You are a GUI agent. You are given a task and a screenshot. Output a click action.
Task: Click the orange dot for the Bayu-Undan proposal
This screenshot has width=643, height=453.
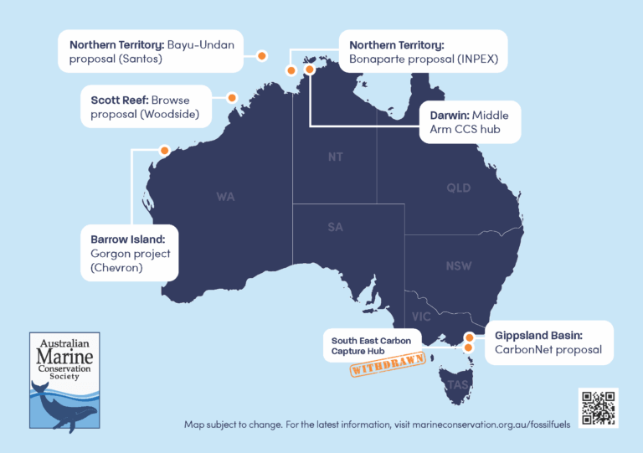261,56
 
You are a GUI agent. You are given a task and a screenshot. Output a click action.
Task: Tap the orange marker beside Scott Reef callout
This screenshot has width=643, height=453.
232,98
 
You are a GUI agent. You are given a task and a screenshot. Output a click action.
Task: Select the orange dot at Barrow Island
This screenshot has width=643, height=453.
164,151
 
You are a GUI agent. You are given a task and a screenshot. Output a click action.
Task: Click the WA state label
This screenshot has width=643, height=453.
225,197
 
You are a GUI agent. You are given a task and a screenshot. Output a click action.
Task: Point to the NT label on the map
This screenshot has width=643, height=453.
335,157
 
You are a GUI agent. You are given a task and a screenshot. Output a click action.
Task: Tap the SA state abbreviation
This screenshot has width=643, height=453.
335,227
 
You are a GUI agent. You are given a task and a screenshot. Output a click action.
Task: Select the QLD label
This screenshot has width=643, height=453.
458,188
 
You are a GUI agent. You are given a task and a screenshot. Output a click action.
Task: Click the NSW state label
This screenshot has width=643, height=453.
458,265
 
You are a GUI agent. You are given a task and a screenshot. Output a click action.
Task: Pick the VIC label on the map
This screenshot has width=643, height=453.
421,317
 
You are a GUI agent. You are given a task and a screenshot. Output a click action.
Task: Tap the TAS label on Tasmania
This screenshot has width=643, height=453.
458,384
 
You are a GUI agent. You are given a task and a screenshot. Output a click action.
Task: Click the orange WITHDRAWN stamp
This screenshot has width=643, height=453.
387,365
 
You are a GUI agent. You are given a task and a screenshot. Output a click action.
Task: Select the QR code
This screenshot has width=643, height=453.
599,408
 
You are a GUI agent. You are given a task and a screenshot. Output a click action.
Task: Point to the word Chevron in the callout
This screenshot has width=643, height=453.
120,268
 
